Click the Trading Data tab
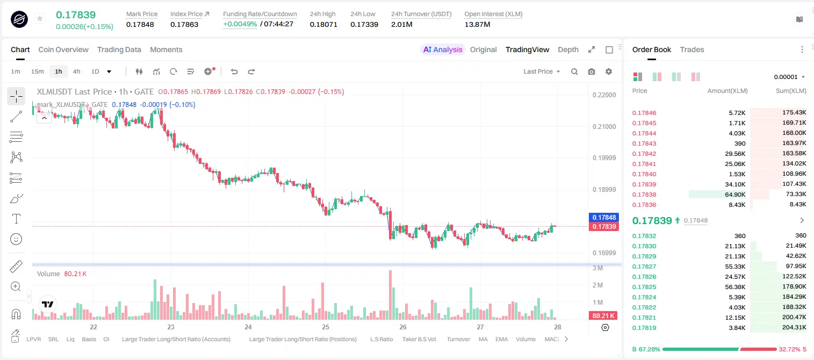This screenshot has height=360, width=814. [x=119, y=49]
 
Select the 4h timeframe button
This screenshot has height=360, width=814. [x=76, y=71]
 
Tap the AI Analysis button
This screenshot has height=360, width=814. [x=443, y=49]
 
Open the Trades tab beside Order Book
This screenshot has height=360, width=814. [x=691, y=49]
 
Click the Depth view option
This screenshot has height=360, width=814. [x=568, y=49]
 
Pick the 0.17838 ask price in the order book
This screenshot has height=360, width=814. [x=644, y=195]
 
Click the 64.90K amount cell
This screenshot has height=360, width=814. [x=735, y=195]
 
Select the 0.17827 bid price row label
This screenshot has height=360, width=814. [x=644, y=267]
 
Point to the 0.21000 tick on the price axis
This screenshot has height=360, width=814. [x=604, y=126]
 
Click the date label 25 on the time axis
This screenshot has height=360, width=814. [x=325, y=327]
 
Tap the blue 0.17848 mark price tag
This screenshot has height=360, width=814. [x=603, y=217]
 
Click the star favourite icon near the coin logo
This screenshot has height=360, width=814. [x=40, y=18]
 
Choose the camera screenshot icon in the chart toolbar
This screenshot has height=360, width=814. [x=591, y=71]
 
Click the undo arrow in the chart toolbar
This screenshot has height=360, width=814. [x=234, y=71]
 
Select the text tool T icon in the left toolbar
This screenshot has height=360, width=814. [x=16, y=219]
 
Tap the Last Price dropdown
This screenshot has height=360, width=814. [x=542, y=71]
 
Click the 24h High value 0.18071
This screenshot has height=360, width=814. [x=323, y=24]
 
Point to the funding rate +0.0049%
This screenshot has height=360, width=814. [x=240, y=24]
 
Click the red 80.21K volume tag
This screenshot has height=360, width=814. [x=603, y=316]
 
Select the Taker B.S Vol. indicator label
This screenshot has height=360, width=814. [x=419, y=339]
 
